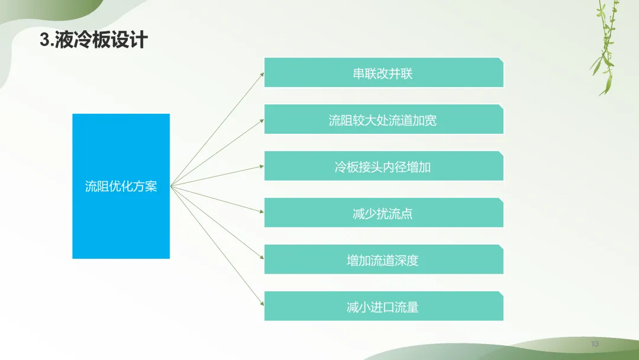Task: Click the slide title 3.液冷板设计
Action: tap(93, 40)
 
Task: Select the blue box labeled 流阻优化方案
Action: tap(121, 186)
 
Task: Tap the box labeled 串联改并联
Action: tap(384, 73)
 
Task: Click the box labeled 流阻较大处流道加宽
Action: tap(384, 119)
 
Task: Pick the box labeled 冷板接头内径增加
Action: tap(384, 166)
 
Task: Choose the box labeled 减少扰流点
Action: tap(384, 213)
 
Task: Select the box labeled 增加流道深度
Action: tap(384, 259)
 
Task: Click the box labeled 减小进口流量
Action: tap(384, 306)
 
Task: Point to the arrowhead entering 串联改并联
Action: tap(262, 74)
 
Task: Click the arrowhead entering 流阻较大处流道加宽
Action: tap(262, 121)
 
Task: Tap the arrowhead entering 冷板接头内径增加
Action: tap(262, 166)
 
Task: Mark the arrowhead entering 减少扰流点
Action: tap(262, 211)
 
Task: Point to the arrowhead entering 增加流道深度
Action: tap(262, 257)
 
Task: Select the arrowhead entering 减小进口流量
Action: tap(262, 303)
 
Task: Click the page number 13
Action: tap(595, 343)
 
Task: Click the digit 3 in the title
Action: tap(44, 40)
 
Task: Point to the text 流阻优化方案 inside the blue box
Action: tap(121, 187)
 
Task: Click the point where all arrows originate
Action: tap(171, 186)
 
